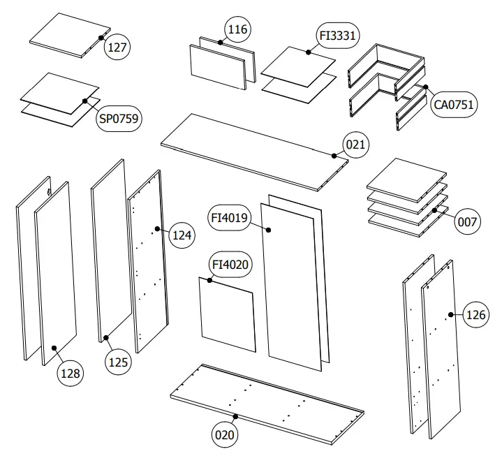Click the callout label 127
[x=117, y=47]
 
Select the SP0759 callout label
[x=119, y=119]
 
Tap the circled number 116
[x=237, y=29]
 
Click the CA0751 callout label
[x=453, y=105]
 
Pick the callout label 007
[x=466, y=222]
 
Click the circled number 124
[x=182, y=235]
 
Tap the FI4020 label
[x=231, y=265]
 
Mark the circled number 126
[x=475, y=315]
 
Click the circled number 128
[x=70, y=373]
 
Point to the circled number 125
[x=118, y=362]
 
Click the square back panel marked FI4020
[x=227, y=314]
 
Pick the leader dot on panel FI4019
[x=270, y=228]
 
